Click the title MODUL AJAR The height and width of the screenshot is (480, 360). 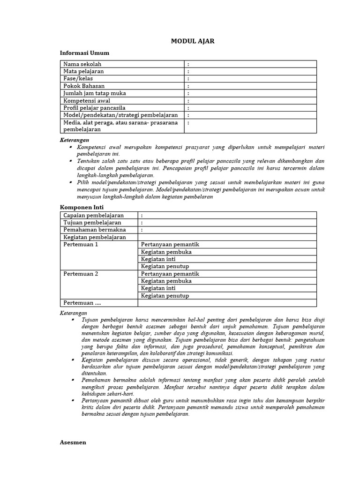tap(192, 41)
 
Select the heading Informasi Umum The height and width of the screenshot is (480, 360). tap(84, 53)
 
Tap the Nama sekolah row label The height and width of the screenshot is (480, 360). tap(82, 64)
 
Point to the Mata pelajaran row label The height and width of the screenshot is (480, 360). tap(84, 71)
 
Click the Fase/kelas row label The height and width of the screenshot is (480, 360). tap(78, 79)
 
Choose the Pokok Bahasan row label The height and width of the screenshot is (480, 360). tap(84, 86)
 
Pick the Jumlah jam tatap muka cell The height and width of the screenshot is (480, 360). tap(95, 93)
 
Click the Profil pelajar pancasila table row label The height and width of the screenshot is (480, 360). tap(94, 108)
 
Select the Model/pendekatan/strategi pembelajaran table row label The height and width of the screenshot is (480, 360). tap(120, 115)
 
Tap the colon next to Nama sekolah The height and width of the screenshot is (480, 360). tap(188, 64)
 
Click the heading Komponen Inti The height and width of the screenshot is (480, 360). tap(82, 207)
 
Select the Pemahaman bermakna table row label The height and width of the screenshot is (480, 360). tap(92, 230)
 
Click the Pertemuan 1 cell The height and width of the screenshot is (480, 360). tap(81, 245)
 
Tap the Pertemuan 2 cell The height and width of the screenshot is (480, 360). tap(81, 274)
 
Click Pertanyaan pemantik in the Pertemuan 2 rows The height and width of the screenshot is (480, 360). tap(170, 274)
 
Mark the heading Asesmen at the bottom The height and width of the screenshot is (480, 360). tap(73, 442)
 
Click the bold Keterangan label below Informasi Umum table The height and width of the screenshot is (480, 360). tap(75, 140)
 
